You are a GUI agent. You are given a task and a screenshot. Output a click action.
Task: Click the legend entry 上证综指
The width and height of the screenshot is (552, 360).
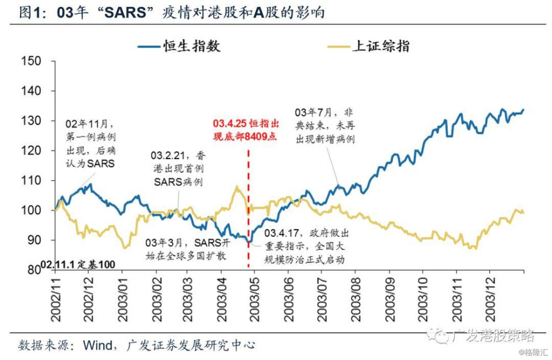pyautogui.click(x=380, y=46)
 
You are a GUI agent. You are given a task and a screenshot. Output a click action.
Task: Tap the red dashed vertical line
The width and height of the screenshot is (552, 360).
pyautogui.click(x=248, y=210)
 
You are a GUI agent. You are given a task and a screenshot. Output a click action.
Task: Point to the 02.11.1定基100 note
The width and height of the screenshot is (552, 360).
pyautogui.click(x=78, y=265)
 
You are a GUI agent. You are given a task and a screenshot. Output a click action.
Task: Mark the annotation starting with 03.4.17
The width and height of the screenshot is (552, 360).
pyautogui.click(x=306, y=246)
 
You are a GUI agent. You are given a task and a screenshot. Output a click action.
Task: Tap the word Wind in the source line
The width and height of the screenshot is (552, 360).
pyautogui.click(x=98, y=345)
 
